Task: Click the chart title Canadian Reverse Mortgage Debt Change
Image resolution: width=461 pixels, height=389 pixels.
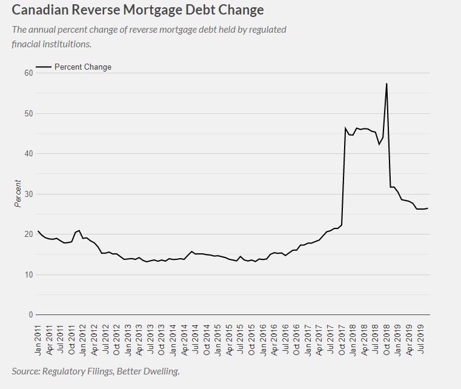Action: tap(138, 10)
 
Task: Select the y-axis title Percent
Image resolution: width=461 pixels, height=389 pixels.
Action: tap(18, 194)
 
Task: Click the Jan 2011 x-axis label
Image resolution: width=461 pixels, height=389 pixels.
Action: tap(39, 337)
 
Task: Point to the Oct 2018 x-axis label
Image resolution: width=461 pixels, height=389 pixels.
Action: tap(386, 337)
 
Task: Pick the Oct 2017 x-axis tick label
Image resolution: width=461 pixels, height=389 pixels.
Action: tap(342, 337)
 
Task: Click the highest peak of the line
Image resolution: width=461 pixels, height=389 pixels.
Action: tap(386, 84)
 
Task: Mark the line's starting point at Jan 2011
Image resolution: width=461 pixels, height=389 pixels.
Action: tap(38, 231)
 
